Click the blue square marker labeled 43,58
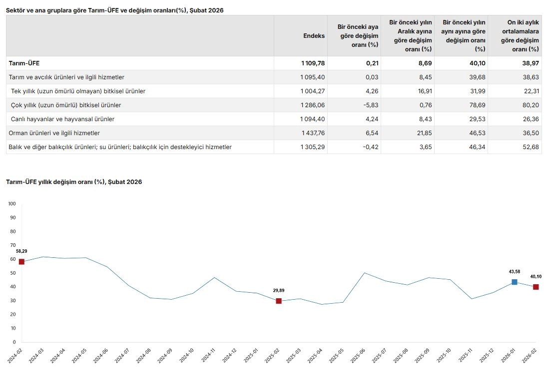[x=515, y=282]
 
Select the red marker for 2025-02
[x=279, y=301]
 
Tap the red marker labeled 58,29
[x=21, y=262]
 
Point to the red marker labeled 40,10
[x=536, y=287]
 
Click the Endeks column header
[x=314, y=36]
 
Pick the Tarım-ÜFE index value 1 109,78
[x=313, y=63]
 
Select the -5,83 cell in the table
[x=370, y=105]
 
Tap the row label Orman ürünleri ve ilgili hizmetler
[x=54, y=133]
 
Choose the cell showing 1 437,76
[x=313, y=133]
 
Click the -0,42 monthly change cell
[x=370, y=147]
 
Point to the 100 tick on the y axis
[x=12, y=204]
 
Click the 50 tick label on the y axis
[x=13, y=273]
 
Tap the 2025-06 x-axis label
[x=360, y=357]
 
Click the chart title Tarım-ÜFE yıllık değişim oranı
[x=74, y=182]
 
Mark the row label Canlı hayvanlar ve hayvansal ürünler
[x=63, y=119]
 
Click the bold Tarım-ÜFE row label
[x=24, y=63]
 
